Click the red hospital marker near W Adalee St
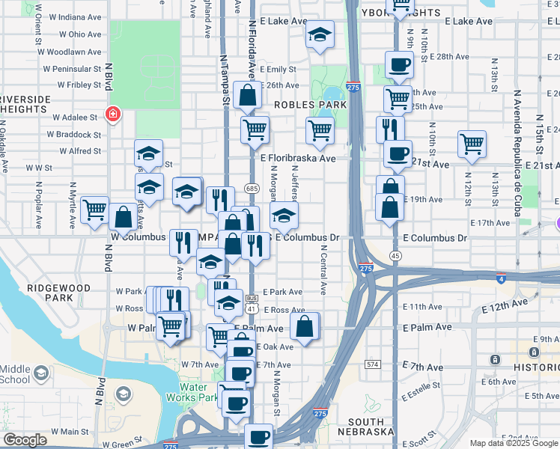(113, 115)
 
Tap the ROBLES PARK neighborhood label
(310, 106)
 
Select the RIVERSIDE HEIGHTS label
(25, 104)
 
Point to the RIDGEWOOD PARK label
(58, 293)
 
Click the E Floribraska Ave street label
(298, 159)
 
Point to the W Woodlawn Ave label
(72, 52)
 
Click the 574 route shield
(373, 364)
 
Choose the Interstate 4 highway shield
(500, 278)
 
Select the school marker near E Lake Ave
(320, 34)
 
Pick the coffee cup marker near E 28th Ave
(398, 64)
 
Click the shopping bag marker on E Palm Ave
(304, 326)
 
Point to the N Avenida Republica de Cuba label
(517, 153)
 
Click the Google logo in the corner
(25, 439)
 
